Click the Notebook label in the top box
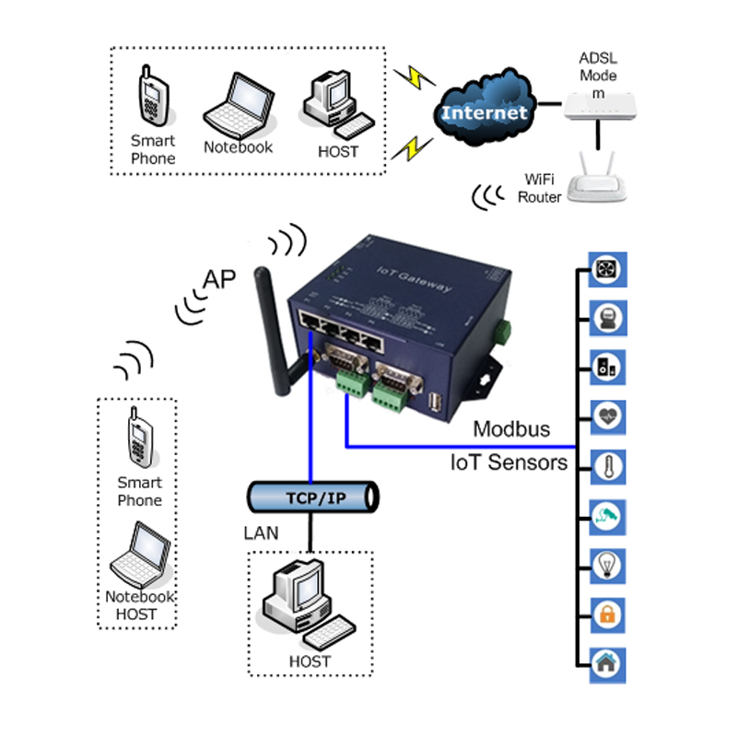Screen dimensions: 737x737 pos(238,147)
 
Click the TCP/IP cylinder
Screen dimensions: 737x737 pos(314,497)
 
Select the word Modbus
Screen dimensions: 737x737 pos(511,429)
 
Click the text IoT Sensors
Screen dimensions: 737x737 pos(509,462)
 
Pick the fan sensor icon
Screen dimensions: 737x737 pos(609,270)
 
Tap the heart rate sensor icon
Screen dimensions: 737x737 pos(609,415)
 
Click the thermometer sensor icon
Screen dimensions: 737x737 pos(609,465)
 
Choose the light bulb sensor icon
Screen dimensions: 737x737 pos(609,564)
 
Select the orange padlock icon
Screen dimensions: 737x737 pos(609,614)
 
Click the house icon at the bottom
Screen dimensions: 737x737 pos(609,662)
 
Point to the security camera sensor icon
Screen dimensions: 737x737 pos(609,514)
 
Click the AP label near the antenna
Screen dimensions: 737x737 pos(219,280)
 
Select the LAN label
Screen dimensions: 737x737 pos(261,532)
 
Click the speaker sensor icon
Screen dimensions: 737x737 pos(609,367)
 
